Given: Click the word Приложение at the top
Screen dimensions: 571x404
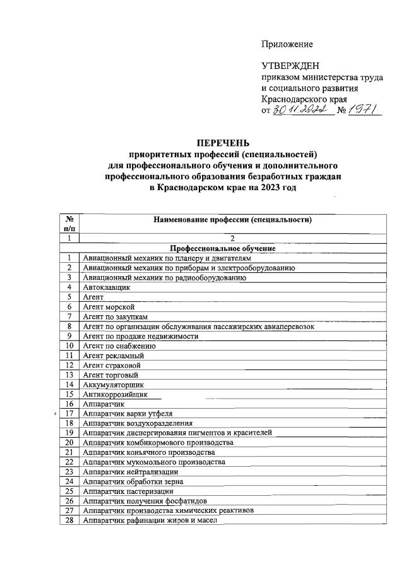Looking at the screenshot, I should (x=287, y=44).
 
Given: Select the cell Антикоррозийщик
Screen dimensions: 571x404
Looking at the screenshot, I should (x=115, y=394).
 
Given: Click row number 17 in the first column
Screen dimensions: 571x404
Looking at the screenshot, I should (x=68, y=413).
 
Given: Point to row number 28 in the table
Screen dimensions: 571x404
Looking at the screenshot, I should (x=68, y=520).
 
